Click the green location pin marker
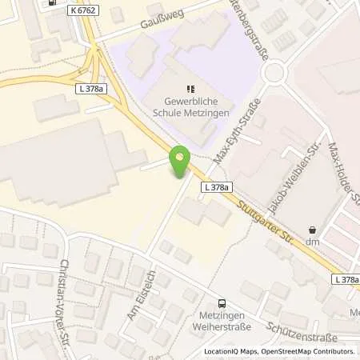[181, 163]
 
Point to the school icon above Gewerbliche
[190, 90]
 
